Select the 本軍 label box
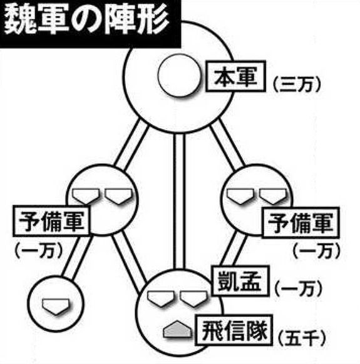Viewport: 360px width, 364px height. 236,76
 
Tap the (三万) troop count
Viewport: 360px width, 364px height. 297,83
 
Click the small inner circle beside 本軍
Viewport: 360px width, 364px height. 179,75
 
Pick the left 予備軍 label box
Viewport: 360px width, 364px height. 51,221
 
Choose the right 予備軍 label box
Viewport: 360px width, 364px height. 301,223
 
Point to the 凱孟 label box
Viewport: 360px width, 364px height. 240,281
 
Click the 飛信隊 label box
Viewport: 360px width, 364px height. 234,330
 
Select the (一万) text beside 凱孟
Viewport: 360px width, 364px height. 299,289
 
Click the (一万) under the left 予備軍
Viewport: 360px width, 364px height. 39,251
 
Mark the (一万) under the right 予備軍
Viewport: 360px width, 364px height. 316,251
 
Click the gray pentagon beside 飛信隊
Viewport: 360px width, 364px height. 178,329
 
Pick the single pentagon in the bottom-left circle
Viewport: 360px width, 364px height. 56,306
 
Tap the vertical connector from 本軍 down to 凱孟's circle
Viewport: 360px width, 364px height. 180,201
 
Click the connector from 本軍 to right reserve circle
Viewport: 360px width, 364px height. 227,145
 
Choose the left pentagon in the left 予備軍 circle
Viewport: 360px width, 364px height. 86,196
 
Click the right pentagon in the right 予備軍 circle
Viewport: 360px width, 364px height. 273,196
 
